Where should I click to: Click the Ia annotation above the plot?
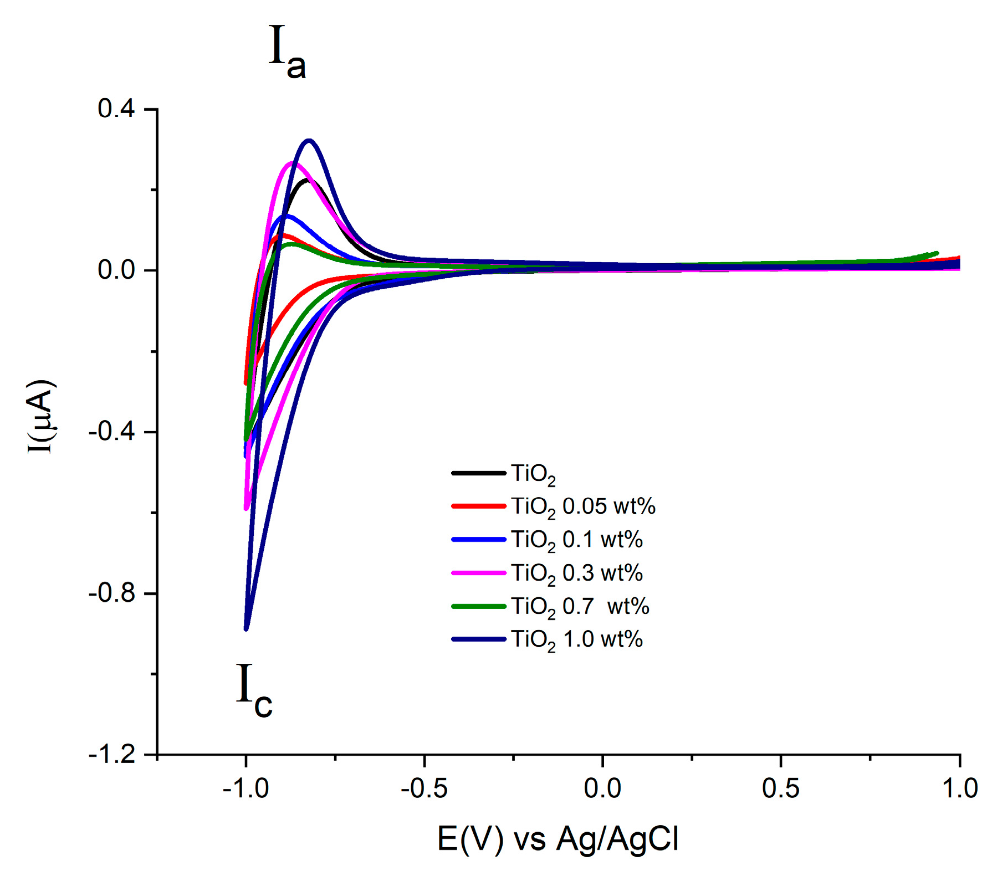[x=287, y=53]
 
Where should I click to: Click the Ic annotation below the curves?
[x=254, y=690]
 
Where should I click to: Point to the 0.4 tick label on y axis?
[x=116, y=109]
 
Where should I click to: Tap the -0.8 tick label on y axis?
[x=113, y=593]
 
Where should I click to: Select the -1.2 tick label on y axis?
[x=113, y=755]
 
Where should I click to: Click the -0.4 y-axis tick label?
[x=113, y=432]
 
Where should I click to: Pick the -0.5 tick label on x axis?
[x=424, y=788]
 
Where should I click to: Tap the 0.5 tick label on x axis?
[x=781, y=788]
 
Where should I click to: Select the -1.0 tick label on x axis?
[x=246, y=788]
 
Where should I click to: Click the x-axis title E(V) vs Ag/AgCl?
[x=558, y=839]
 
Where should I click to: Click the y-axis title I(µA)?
[x=42, y=416]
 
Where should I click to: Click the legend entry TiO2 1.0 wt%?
[x=576, y=639]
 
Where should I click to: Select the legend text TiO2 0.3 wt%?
[x=576, y=573]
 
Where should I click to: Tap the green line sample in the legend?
[x=479, y=606]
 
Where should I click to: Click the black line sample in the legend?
[x=479, y=473]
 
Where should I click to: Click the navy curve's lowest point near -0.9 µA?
[x=246, y=628]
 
